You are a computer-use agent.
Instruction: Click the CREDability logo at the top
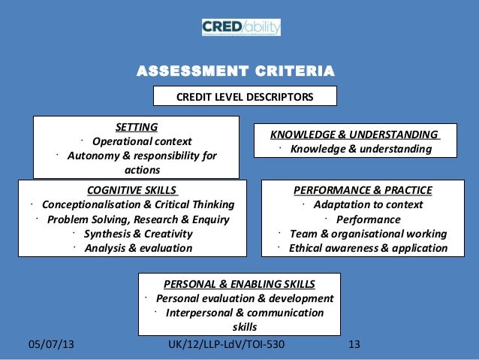(x=240, y=28)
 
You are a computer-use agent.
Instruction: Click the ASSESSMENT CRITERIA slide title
(x=234, y=73)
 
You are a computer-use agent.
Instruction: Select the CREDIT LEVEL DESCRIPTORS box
(x=245, y=97)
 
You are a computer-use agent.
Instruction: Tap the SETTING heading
(x=136, y=127)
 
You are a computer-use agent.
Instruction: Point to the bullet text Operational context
(x=141, y=141)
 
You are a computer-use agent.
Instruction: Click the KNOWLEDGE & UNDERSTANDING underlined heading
(x=356, y=135)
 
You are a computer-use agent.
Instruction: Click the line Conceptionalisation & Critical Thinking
(x=138, y=204)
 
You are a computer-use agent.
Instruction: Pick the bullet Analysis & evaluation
(x=138, y=248)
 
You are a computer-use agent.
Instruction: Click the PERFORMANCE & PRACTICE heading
(x=363, y=190)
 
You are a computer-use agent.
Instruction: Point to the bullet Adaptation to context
(x=368, y=204)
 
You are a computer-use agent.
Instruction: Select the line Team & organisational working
(x=367, y=234)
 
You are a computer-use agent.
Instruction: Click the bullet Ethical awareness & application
(x=368, y=248)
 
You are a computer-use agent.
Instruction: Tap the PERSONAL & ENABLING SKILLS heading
(x=239, y=284)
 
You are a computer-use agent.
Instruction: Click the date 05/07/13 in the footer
(x=51, y=345)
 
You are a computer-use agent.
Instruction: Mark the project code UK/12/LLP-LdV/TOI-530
(x=228, y=345)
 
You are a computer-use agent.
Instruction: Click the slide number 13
(x=355, y=345)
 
